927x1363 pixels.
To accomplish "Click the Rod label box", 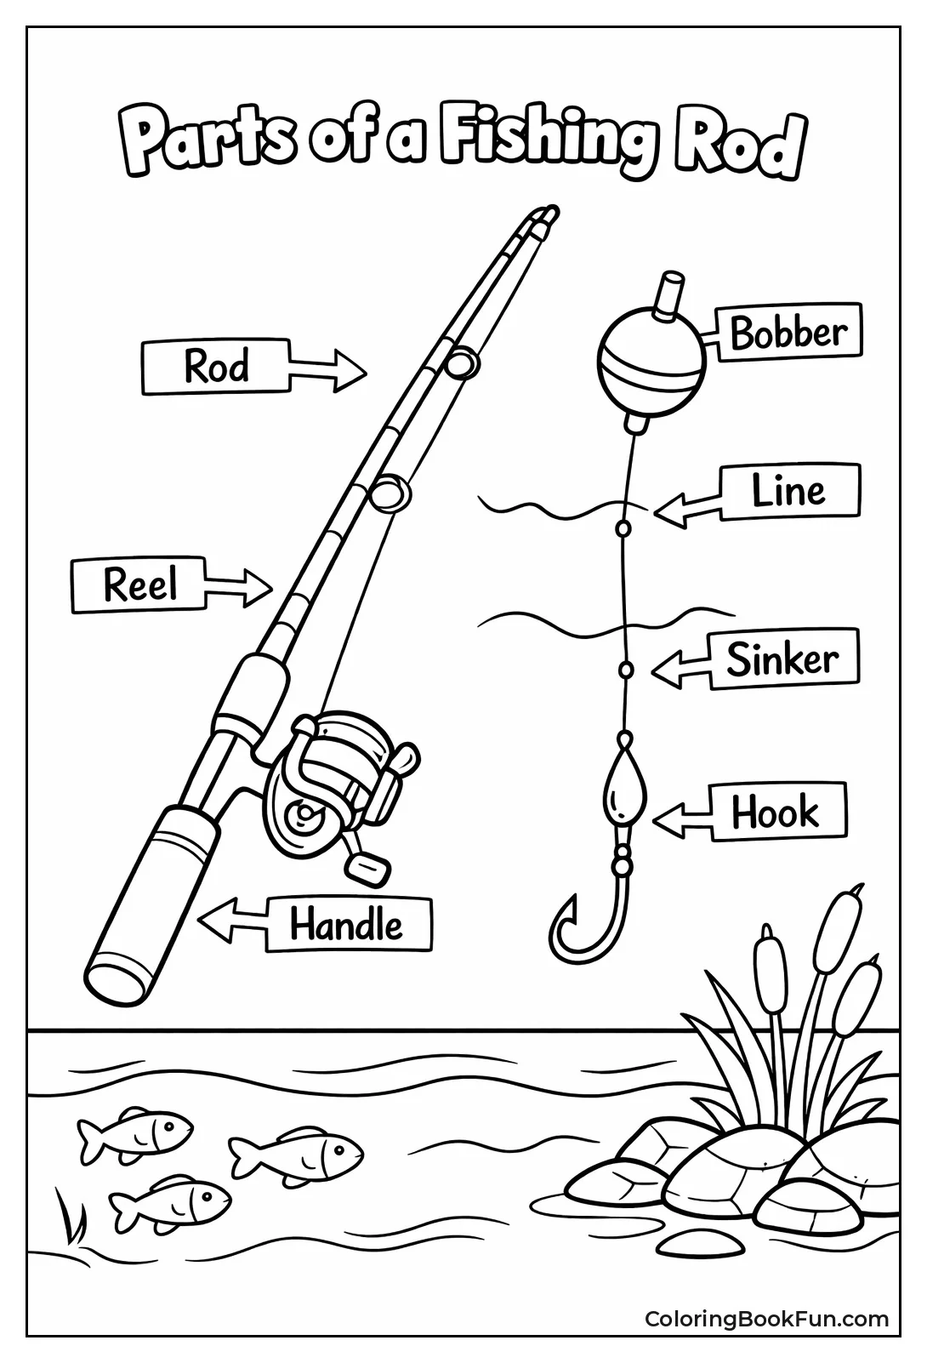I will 216,368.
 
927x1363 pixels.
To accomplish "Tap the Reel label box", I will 139,585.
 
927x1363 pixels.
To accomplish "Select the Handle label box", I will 348,924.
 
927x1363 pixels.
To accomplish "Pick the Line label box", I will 789,491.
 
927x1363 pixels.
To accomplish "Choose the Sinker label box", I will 782,659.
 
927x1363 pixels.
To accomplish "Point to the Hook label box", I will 776,812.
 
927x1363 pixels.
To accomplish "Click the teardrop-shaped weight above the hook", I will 625,791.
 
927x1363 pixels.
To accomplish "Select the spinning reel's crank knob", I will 368,865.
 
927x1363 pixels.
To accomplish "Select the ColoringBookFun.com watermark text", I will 766,1319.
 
